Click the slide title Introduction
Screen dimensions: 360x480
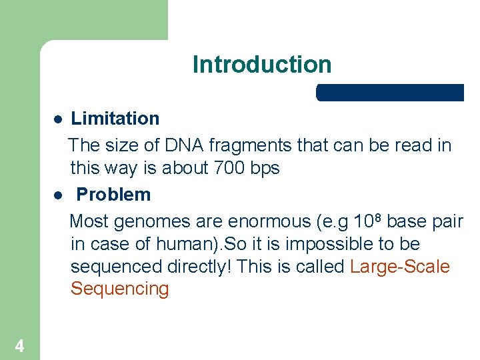tap(261, 65)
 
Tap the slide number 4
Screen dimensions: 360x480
tap(19, 346)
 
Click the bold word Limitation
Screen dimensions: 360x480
tap(115, 119)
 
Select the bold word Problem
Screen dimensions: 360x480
tap(113, 195)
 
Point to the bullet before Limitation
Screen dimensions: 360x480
tap(58, 119)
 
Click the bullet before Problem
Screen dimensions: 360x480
tap(58, 195)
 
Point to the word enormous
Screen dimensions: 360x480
tap(263, 221)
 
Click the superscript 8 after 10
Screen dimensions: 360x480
tap(379, 216)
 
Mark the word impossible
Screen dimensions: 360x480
tap(331, 244)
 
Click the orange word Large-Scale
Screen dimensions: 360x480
tap(400, 267)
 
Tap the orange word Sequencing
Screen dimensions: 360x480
tap(119, 289)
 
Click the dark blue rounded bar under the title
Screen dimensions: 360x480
tap(390, 93)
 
